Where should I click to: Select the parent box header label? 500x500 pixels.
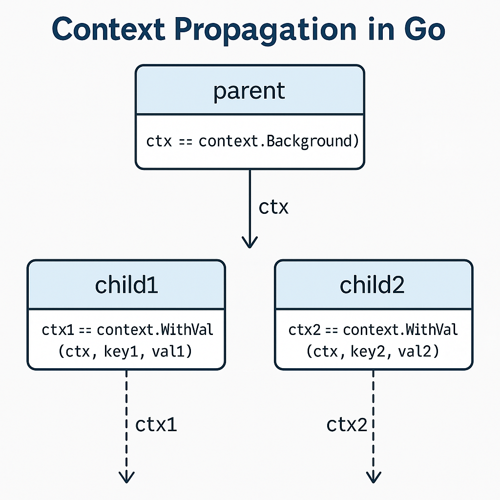tap(249, 91)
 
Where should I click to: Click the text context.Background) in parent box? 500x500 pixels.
tap(279, 142)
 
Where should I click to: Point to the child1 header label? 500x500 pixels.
tap(126, 285)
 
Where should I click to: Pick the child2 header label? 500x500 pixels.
tap(372, 285)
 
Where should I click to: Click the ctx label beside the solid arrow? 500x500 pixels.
tap(273, 207)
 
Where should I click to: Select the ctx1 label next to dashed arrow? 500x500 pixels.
tap(156, 425)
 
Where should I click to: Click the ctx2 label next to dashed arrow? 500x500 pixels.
tap(347, 425)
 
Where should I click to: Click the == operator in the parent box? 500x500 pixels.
tap(186, 142)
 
